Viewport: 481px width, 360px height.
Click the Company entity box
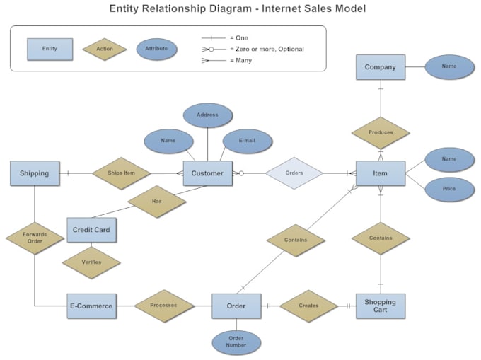380,67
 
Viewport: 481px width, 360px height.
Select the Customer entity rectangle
207,173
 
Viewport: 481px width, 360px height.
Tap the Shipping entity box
34,173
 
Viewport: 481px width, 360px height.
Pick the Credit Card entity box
91,230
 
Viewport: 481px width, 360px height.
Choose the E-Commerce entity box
91,306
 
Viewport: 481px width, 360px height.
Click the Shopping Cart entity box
380,306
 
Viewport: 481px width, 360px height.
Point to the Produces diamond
381,133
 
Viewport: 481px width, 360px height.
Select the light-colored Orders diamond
294,173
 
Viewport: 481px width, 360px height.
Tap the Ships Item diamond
121,173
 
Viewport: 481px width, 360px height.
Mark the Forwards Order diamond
35,238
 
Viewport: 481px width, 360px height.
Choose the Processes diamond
163,306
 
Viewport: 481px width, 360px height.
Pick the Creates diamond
308,306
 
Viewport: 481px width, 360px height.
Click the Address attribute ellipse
207,115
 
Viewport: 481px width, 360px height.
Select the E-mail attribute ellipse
246,141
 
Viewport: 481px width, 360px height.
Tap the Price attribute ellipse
449,190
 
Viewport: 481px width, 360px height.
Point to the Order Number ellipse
236,342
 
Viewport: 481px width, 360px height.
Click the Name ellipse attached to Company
449,66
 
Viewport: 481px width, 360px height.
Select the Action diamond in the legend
105,49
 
